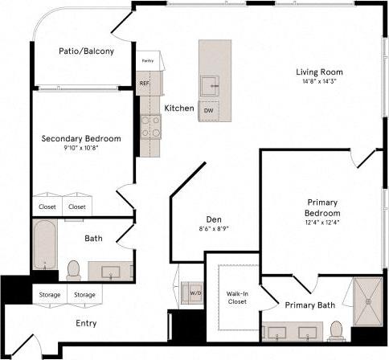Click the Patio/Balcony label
click(x=86, y=51)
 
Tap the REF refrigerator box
click(x=145, y=83)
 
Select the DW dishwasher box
click(x=208, y=109)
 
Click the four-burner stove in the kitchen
click(x=150, y=125)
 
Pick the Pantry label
click(x=148, y=61)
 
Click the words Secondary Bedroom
click(x=81, y=138)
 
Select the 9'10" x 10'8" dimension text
click(x=81, y=149)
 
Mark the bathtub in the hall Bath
click(x=44, y=247)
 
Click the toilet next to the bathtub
click(x=73, y=268)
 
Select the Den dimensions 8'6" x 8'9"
click(x=214, y=228)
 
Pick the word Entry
click(x=87, y=324)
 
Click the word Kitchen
click(x=179, y=108)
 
